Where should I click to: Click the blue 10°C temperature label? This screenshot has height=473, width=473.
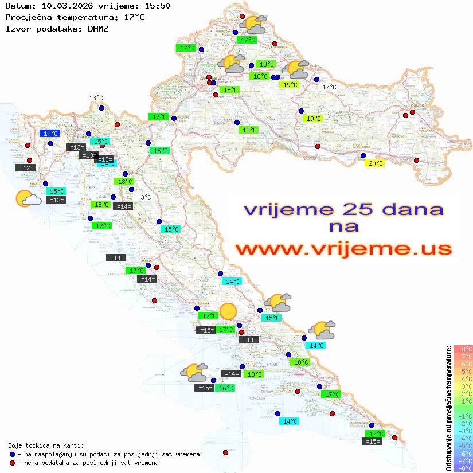tap(49, 134)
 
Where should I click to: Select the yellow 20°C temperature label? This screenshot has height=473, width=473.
tap(375, 163)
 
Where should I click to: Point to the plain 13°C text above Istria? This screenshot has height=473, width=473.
tap(95, 98)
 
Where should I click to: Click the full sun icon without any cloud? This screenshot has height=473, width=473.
tap(228, 311)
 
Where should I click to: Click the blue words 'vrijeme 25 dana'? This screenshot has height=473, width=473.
tap(343, 209)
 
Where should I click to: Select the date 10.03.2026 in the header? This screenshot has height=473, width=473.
tap(62, 6)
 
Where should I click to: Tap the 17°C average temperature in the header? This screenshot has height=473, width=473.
tap(134, 17)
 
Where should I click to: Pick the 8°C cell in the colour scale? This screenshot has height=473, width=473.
tap(463, 349)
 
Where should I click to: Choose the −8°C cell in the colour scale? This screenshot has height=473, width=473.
tap(463, 468)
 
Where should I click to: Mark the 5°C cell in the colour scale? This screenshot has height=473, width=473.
tap(463, 371)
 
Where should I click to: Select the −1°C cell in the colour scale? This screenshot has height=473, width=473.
tap(463, 416)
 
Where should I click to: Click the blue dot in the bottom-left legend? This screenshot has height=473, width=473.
tap(12, 454)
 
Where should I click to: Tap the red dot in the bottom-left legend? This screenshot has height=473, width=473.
tap(12, 463)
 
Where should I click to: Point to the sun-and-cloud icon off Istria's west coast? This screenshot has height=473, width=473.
tap(28, 198)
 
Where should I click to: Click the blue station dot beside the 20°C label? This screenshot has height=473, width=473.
tap(362, 155)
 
